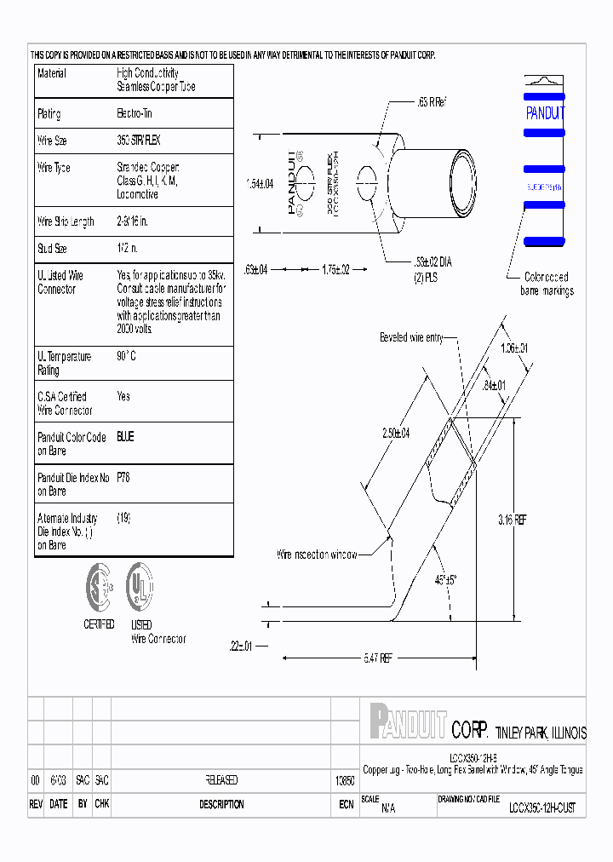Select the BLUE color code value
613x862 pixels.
[x=125, y=437]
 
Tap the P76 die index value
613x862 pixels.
[x=123, y=478]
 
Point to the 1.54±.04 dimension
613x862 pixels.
[x=259, y=183]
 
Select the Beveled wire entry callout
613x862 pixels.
[x=411, y=338]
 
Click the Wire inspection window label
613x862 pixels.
[x=317, y=555]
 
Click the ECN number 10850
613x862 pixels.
[x=345, y=780]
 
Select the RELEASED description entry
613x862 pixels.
[x=221, y=780]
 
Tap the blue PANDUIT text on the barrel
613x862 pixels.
[x=544, y=113]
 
